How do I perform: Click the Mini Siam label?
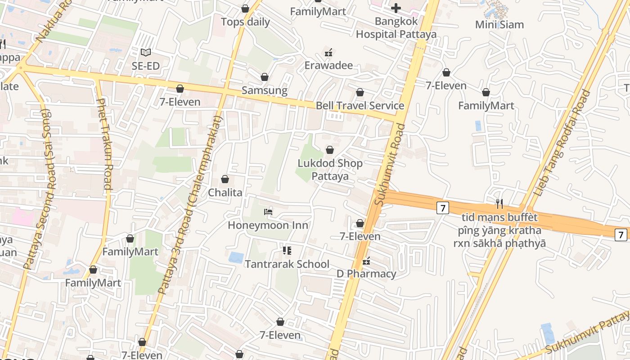[x=499, y=24]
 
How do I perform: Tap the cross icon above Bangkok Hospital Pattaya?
[x=396, y=8]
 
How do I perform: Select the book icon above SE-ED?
[x=145, y=53]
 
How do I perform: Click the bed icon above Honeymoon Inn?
[x=268, y=211]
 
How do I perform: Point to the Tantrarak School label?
[x=287, y=264]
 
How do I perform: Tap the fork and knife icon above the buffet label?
[x=499, y=204]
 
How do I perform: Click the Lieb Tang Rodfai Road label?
[x=561, y=143]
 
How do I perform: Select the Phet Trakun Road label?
[x=104, y=144]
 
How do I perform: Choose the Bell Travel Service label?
[x=360, y=106]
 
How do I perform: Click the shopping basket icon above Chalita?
[x=225, y=180]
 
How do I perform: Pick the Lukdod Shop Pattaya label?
[x=330, y=170]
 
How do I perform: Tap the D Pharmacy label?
[x=366, y=274]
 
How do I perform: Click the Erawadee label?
[x=328, y=66]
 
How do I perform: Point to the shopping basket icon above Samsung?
[x=265, y=77]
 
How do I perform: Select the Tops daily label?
[x=245, y=22]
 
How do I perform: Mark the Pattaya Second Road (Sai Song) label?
[x=38, y=189]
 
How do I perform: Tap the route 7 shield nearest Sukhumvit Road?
[x=443, y=208]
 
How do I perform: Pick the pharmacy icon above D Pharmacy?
[x=366, y=261]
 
